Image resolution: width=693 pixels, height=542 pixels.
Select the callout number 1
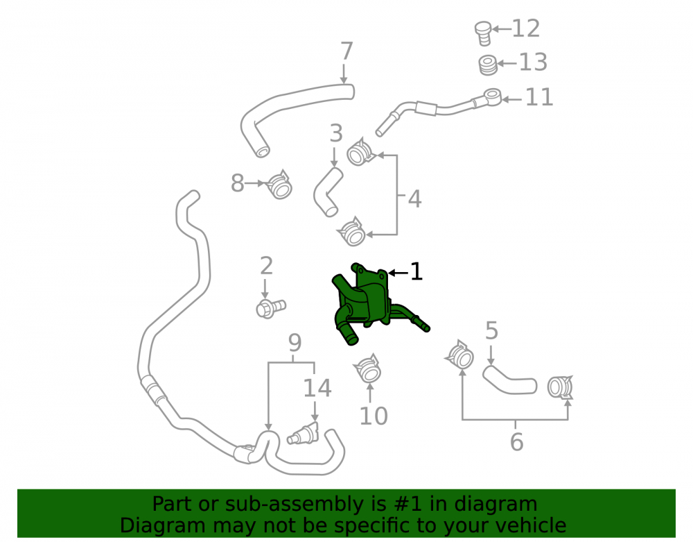(416, 271)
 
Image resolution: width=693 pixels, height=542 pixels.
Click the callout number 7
(347, 51)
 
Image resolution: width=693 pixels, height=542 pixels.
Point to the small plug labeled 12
(483, 33)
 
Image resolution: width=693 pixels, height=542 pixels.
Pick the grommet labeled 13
(488, 65)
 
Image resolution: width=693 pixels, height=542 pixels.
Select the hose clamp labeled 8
(280, 185)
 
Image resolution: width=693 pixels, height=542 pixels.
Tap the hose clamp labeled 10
(368, 368)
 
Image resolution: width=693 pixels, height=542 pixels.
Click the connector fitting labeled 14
(303, 433)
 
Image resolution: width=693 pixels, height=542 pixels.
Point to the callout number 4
(414, 199)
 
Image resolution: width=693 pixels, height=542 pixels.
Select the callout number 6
(517, 442)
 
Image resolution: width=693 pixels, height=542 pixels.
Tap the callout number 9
(295, 343)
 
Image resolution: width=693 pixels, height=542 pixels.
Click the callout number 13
(532, 62)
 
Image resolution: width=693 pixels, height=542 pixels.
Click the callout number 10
(374, 416)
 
